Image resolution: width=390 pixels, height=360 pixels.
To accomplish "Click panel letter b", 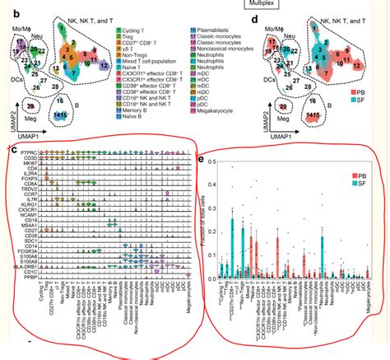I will (x=12, y=16).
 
